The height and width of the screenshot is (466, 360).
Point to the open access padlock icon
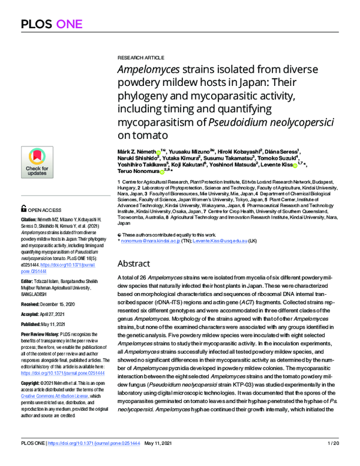24,209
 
